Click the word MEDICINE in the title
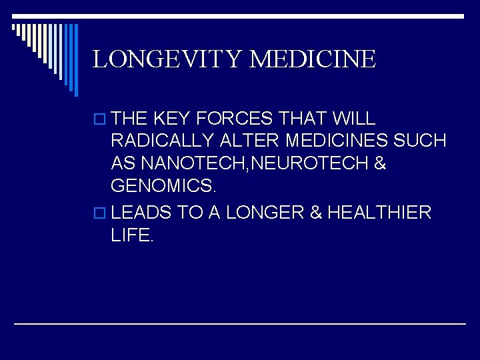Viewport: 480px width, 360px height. click(x=313, y=59)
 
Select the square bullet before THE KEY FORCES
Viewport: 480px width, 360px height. click(x=101, y=119)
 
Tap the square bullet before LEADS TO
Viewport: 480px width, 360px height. click(x=101, y=213)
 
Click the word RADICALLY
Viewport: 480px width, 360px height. click(x=163, y=141)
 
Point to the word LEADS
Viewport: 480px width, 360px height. click(x=141, y=213)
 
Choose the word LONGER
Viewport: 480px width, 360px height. click(x=265, y=213)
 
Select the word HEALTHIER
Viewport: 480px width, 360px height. click(x=379, y=213)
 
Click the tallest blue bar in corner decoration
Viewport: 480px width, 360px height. click(x=75, y=60)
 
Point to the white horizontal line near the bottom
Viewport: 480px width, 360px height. click(x=240, y=323)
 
